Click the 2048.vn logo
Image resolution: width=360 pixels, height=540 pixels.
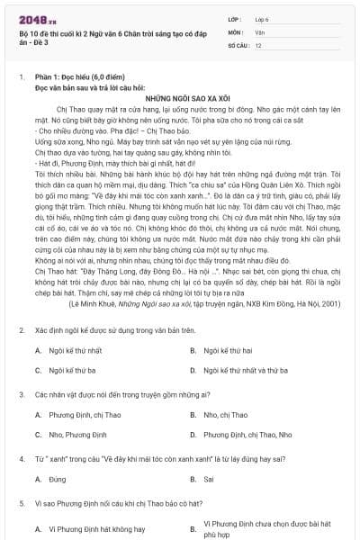(36, 18)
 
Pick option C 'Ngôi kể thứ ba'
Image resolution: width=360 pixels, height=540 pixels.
(72, 370)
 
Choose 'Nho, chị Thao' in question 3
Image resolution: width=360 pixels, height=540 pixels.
(224, 415)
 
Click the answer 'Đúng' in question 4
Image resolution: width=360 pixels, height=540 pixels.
(57, 478)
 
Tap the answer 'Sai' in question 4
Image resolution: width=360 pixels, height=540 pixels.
(210, 478)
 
